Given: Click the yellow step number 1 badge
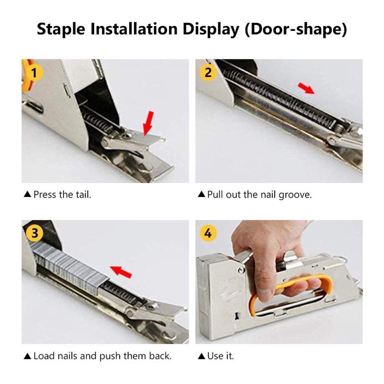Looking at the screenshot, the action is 34,73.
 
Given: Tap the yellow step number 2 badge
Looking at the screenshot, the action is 208,73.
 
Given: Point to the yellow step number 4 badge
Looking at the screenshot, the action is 208,233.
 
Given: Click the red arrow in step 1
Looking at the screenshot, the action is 149,123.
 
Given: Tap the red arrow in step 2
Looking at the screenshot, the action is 306,88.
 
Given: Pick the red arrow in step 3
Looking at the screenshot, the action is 121,272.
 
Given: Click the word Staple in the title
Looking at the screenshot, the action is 61,29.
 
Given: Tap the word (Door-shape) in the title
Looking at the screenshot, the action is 296,29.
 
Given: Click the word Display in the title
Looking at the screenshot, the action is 210,29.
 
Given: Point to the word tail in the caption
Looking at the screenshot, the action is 83,194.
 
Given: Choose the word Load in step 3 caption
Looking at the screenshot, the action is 44,356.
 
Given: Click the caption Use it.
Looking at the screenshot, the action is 220,356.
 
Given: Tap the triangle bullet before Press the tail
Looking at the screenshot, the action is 27,194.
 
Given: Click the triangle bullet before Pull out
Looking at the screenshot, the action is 201,194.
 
